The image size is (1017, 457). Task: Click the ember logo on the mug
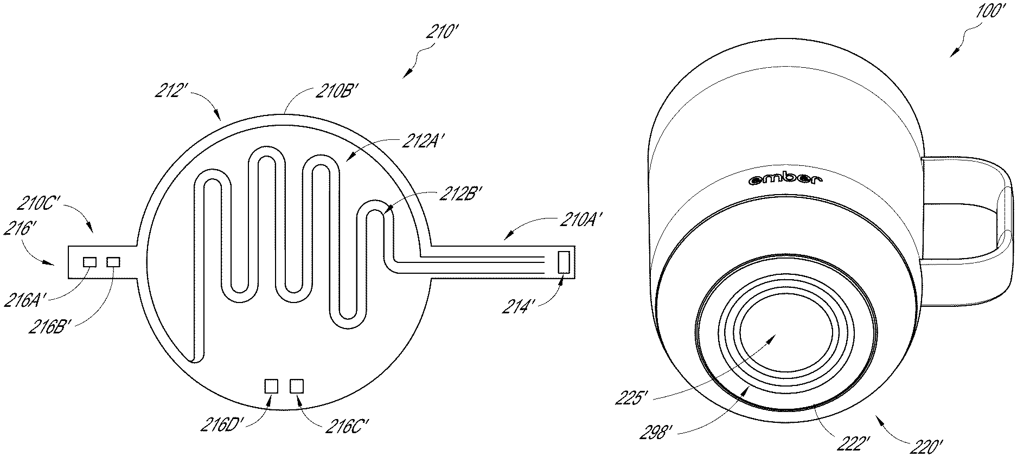tap(786, 179)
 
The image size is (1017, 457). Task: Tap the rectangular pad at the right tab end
tap(564, 262)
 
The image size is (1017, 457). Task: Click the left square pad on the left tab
tap(89, 262)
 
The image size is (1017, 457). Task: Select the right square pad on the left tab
tap(113, 262)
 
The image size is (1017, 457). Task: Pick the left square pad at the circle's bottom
tap(271, 386)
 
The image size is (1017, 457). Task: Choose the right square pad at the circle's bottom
tap(297, 386)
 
